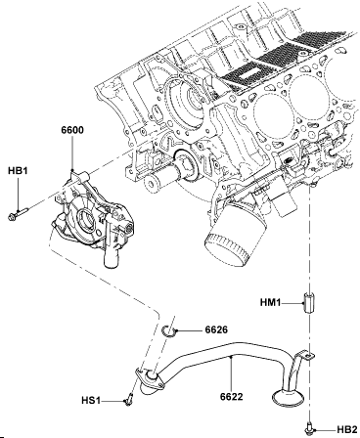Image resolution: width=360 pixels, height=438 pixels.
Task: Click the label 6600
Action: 72,130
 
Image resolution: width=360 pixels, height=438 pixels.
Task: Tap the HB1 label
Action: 18,171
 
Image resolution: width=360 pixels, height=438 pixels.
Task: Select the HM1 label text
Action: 270,303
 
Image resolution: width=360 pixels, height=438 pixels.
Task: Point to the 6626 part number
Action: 216,329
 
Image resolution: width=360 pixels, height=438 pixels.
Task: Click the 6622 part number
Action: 232,397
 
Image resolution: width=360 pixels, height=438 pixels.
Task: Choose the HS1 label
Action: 91,400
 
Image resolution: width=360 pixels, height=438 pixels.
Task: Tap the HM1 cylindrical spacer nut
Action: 308,303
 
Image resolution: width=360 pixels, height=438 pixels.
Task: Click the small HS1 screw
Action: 128,400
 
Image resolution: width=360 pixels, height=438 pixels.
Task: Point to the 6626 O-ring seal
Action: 169,331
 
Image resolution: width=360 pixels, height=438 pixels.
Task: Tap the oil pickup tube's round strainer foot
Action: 288,398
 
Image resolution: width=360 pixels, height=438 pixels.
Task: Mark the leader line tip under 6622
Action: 231,357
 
